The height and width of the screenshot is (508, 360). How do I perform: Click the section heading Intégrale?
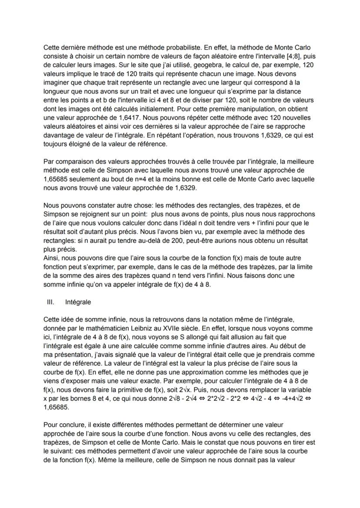pyautogui.click(x=78, y=301)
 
